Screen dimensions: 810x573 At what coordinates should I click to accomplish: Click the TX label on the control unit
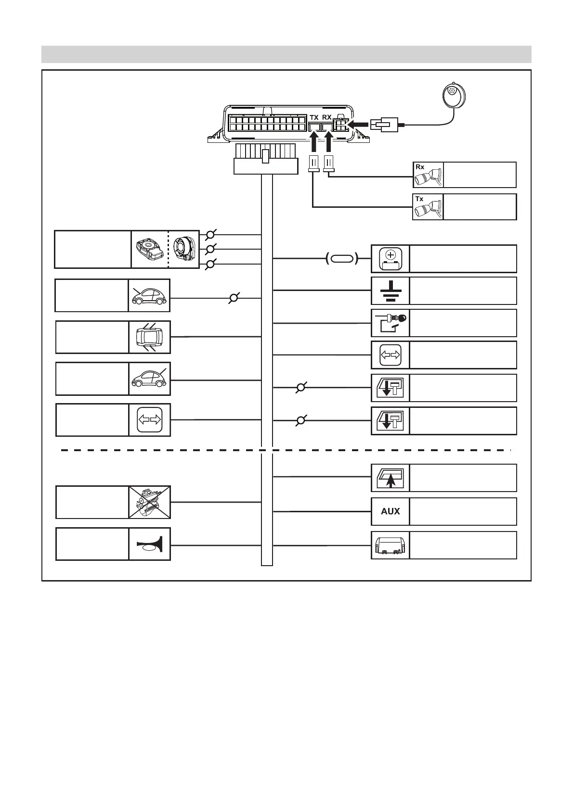[314, 117]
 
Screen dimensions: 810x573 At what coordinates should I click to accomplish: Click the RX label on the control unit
[327, 117]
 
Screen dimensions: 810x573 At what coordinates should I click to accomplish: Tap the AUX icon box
[391, 511]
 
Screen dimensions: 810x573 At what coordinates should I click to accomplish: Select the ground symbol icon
[391, 291]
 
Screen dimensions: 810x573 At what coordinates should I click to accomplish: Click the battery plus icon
[391, 259]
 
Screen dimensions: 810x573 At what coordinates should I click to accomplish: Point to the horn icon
[150, 544]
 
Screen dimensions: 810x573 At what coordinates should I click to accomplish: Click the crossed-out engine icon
[150, 502]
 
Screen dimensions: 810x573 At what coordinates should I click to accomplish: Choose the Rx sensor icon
[428, 175]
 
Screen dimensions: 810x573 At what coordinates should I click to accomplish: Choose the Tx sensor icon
[428, 207]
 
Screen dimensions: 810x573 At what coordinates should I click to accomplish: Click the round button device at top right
[453, 96]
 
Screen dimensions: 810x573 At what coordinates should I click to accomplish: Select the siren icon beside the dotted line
[183, 249]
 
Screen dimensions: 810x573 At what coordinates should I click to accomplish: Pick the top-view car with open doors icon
[150, 337]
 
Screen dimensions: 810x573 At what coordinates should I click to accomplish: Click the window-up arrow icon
[391, 478]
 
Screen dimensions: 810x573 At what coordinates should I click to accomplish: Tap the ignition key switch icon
[391, 323]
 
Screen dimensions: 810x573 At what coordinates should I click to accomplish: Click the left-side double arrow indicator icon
[150, 420]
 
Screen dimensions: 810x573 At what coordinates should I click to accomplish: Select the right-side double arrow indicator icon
[391, 355]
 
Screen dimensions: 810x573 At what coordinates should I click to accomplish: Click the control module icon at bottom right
[391, 545]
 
